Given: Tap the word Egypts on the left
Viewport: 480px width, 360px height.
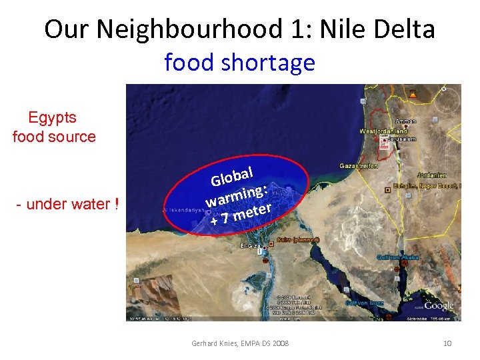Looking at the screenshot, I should (x=53, y=118).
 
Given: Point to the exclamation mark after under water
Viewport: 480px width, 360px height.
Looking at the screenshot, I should (x=116, y=204).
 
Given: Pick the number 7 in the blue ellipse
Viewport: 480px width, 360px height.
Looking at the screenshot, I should (x=226, y=217).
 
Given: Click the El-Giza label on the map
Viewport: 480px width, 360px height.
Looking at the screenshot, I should (x=250, y=246).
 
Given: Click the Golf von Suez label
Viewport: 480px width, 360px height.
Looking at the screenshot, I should (x=364, y=303).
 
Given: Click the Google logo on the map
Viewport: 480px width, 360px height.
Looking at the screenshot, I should (x=439, y=306).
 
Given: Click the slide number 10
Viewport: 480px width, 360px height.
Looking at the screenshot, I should (x=447, y=343).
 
